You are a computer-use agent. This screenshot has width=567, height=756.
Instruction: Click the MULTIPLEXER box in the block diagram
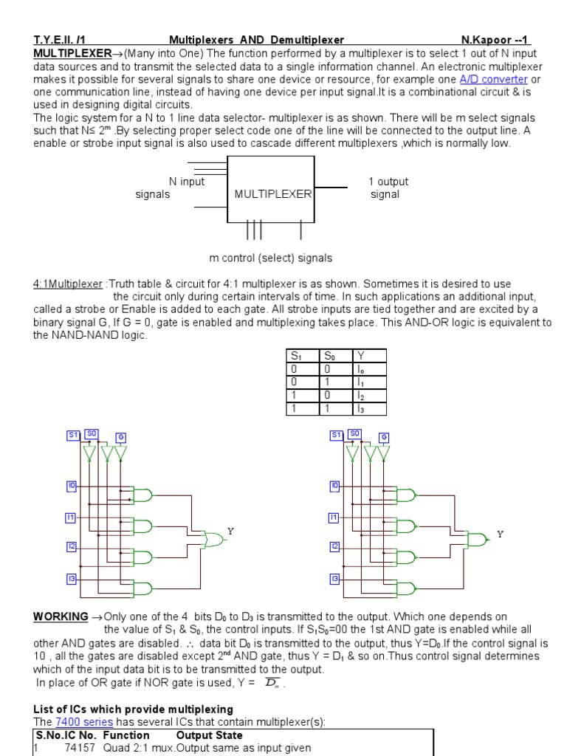coord(272,194)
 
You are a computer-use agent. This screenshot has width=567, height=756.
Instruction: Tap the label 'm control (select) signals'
coord(270,258)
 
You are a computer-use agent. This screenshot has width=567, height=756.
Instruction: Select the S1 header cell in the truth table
coord(301,356)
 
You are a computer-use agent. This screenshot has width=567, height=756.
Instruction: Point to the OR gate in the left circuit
coord(213,539)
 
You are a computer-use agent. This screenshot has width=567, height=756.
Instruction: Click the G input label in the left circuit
coord(121,438)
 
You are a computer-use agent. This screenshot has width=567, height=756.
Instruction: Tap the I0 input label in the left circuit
coord(72,486)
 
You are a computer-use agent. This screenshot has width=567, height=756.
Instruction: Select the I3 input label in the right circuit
coord(334,578)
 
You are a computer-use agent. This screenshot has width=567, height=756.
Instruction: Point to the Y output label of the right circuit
coord(500,534)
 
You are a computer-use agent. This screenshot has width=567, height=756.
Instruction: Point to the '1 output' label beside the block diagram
coord(388,182)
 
